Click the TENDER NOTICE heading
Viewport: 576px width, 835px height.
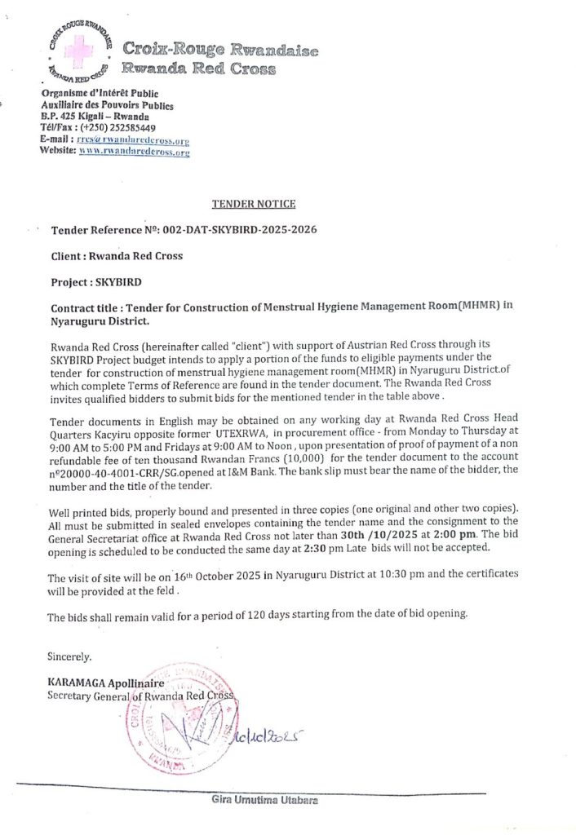[254, 204]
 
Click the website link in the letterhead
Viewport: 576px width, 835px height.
[134, 152]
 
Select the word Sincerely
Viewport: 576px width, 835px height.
[69, 656]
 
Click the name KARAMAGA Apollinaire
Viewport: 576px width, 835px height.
[106, 683]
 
